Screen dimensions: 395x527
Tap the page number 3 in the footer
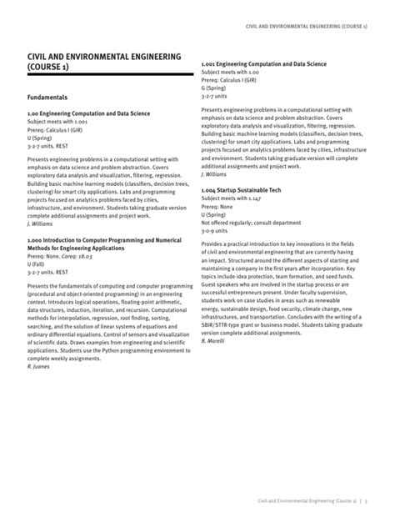pyautogui.click(x=366, y=500)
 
